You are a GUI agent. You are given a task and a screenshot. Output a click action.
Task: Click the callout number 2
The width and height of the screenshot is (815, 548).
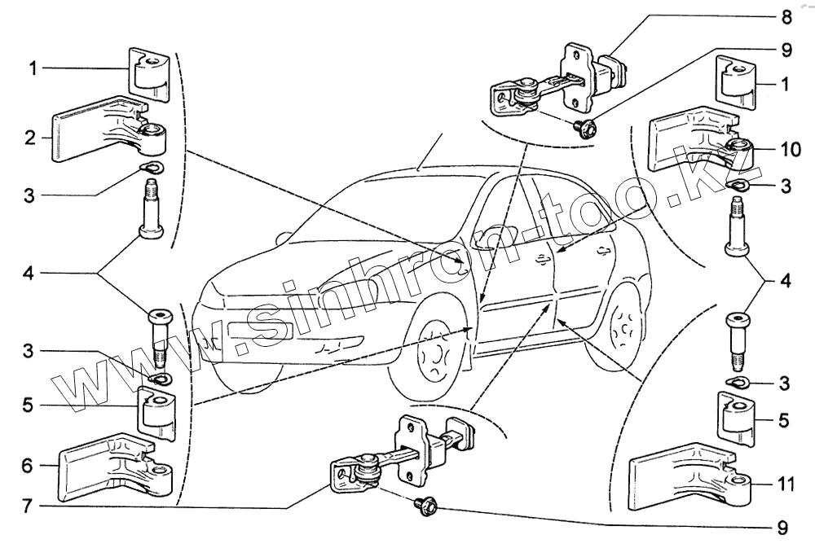pos(30,138)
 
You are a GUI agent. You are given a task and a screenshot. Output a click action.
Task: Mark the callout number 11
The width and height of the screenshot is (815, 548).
pos(785,484)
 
